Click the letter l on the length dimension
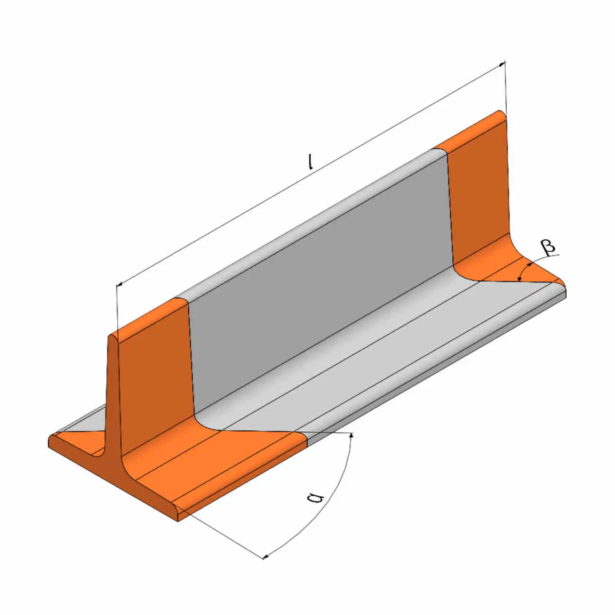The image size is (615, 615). (x=311, y=162)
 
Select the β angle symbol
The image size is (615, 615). (x=548, y=247)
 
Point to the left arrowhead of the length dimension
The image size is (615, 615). (x=120, y=284)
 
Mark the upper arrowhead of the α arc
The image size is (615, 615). (x=351, y=435)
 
